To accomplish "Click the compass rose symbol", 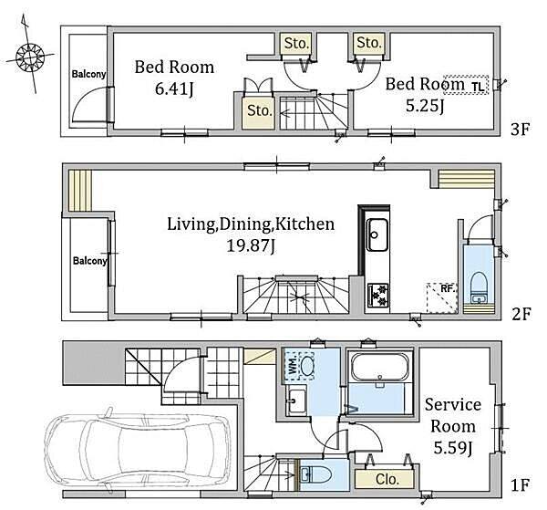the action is (30, 56).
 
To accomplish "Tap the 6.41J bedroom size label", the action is (174, 89).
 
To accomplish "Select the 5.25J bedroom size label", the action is (425, 106).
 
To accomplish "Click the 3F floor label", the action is (521, 130).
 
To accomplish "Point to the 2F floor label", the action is (521, 314).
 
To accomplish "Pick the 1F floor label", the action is (521, 484).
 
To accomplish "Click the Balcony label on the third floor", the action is (88, 74).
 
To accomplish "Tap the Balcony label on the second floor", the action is (89, 261).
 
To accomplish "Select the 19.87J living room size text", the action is (251, 245).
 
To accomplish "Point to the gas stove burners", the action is (378, 296).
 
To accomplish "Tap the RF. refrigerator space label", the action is (449, 288).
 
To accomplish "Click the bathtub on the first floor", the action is (380, 368).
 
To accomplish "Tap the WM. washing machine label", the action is (293, 365).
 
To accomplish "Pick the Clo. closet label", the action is (387, 479).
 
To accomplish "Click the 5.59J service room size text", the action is (453, 448).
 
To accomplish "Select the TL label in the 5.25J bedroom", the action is (478, 86).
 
